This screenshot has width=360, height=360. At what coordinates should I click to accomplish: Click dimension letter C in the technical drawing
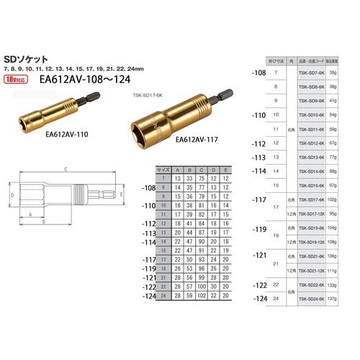pyautogui.click(x=65, y=169)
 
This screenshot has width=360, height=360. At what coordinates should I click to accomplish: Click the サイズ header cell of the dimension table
pyautogui.click(x=163, y=168)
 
